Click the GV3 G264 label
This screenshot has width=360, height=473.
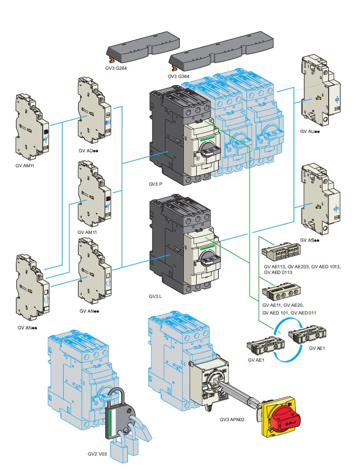(x=117, y=69)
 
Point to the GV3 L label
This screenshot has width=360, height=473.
(x=154, y=297)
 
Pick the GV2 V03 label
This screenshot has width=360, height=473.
(x=98, y=454)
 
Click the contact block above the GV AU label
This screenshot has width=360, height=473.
(x=319, y=90)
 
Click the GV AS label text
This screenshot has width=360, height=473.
(x=310, y=240)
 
